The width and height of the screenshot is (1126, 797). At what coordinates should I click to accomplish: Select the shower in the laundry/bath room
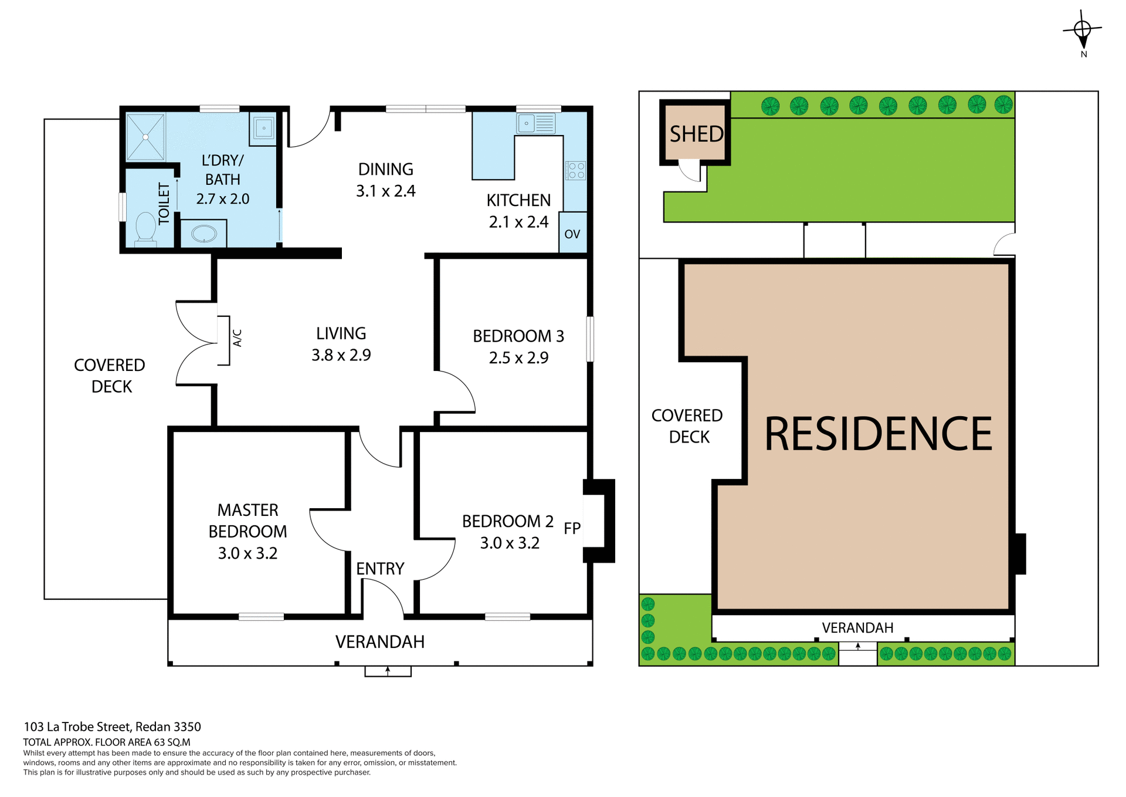pyautogui.click(x=145, y=137)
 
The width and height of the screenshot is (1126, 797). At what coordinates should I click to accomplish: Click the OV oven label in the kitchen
pyautogui.click(x=572, y=234)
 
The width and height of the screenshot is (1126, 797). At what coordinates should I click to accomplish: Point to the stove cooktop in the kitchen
pyautogui.click(x=575, y=171)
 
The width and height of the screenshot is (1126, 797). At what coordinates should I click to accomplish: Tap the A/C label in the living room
pyautogui.click(x=238, y=338)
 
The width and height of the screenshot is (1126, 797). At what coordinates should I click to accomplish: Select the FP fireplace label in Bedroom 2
pyautogui.click(x=572, y=528)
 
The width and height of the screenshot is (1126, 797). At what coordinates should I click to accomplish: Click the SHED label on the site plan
pyautogui.click(x=696, y=134)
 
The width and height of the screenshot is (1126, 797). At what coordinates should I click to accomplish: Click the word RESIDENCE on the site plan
pyautogui.click(x=878, y=434)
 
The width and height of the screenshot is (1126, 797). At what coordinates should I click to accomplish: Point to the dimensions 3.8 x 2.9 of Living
pyautogui.click(x=341, y=355)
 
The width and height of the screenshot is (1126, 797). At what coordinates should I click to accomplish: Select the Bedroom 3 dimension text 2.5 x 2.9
pyautogui.click(x=518, y=357)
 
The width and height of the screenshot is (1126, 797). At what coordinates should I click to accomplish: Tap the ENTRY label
pyautogui.click(x=380, y=569)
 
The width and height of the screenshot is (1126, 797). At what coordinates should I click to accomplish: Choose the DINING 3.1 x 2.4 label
pyautogui.click(x=385, y=180)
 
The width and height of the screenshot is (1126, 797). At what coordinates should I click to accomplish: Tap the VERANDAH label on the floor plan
pyautogui.click(x=379, y=641)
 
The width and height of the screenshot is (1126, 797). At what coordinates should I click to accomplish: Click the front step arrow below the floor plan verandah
pyautogui.click(x=388, y=671)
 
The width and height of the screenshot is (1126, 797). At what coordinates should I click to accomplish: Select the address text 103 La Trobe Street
pyautogui.click(x=112, y=727)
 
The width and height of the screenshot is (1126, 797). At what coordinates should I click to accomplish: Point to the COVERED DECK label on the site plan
pyautogui.click(x=688, y=426)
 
